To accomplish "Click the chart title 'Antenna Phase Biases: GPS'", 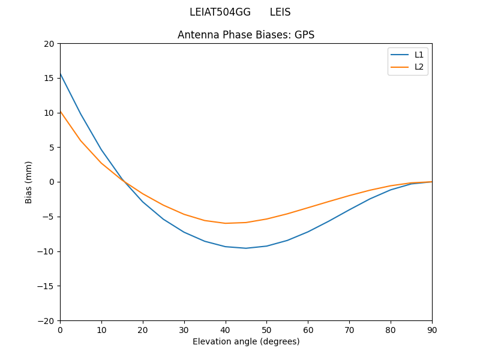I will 245,35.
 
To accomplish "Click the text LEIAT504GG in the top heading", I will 220,12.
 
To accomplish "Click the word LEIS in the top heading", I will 280,12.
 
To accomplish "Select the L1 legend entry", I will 419,55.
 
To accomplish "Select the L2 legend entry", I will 419,67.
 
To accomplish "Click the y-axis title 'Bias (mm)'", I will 29,182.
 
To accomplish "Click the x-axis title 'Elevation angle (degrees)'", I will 245,341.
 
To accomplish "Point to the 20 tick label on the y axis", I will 49,44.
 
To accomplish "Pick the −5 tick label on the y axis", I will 47,217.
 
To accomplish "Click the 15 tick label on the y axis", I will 49,78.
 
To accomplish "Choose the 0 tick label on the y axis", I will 52,182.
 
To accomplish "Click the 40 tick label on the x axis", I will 225,330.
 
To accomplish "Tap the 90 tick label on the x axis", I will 431,330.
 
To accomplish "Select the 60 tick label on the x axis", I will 308,330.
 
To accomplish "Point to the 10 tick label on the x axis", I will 101,330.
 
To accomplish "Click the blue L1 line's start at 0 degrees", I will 61,73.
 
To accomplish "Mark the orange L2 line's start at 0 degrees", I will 61,111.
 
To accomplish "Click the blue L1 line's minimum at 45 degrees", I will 246,248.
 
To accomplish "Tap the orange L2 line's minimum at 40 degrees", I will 226,223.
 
